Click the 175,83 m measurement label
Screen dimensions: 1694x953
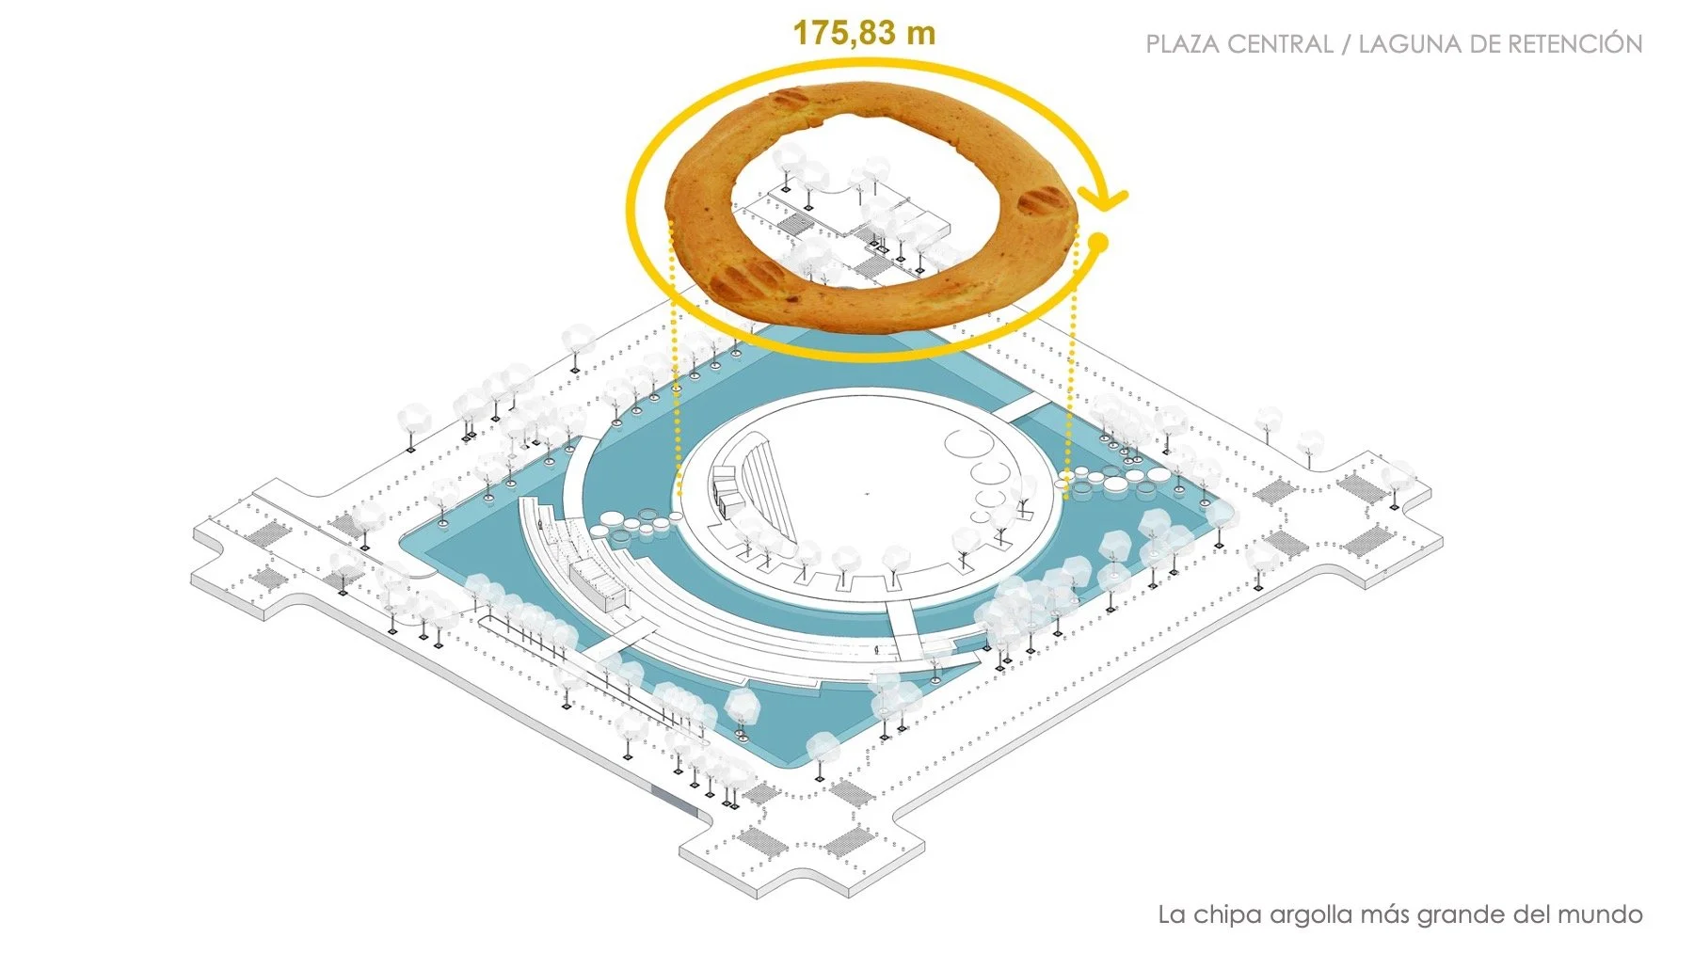click(x=864, y=33)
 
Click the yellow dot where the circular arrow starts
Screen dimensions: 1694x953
click(x=1096, y=243)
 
